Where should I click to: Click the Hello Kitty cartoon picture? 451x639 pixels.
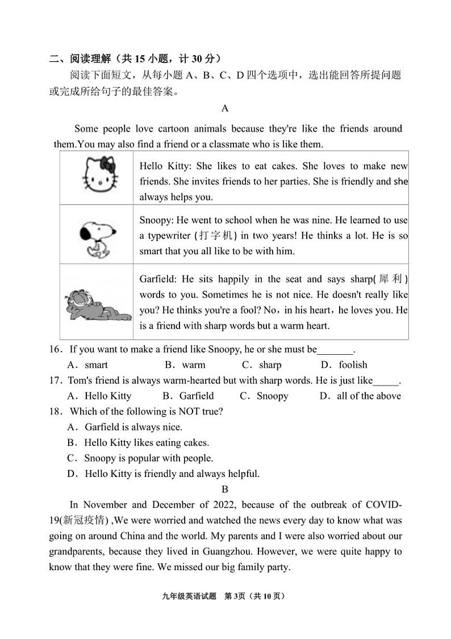pos(101,175)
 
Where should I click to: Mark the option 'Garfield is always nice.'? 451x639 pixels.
pos(133,427)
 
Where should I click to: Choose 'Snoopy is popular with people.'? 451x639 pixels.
pos(148,458)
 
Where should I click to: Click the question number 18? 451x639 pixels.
pos(55,412)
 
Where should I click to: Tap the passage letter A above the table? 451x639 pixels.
pos(225,109)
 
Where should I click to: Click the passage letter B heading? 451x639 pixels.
pos(225,489)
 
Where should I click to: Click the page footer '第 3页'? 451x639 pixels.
pos(234,596)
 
